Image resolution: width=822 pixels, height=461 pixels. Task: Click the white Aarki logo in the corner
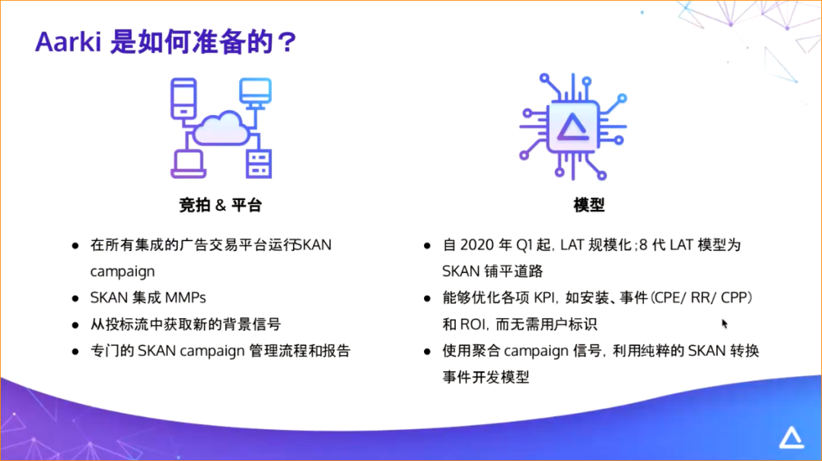(x=791, y=438)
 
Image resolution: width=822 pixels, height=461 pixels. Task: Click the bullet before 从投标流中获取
(x=75, y=325)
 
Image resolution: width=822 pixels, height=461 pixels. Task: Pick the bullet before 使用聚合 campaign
(x=428, y=351)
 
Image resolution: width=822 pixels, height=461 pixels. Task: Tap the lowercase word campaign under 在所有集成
(x=123, y=271)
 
